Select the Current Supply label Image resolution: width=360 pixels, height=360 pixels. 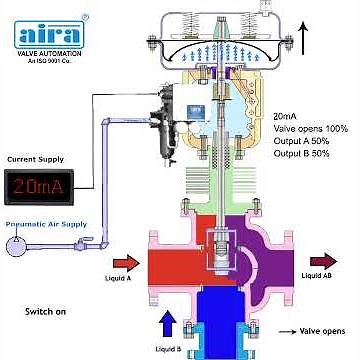[x=34, y=159]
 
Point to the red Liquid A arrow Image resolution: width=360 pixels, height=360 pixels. [x=128, y=264]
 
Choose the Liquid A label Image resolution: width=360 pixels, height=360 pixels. [x=118, y=280]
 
